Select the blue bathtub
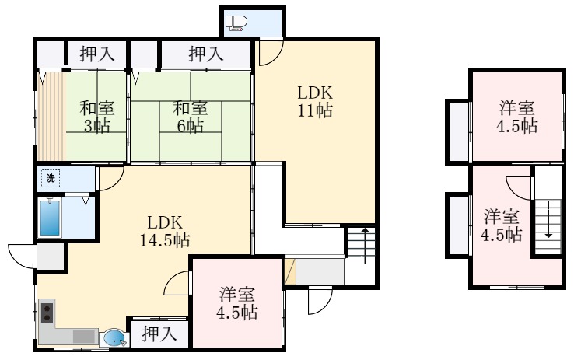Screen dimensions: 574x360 click(x=51, y=218)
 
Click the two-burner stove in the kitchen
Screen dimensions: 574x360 click(x=46, y=313)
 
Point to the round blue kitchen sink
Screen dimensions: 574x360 click(x=114, y=338)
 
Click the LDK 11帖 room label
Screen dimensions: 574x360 click(x=314, y=101)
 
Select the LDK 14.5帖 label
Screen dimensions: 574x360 click(x=164, y=230)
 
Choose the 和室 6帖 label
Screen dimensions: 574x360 click(x=189, y=117)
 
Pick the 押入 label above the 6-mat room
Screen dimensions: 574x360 click(x=206, y=54)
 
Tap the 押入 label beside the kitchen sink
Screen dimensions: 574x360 click(x=158, y=334)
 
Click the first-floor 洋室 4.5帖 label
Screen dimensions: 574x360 click(x=237, y=304)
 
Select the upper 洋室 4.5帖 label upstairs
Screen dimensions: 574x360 click(x=516, y=116)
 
